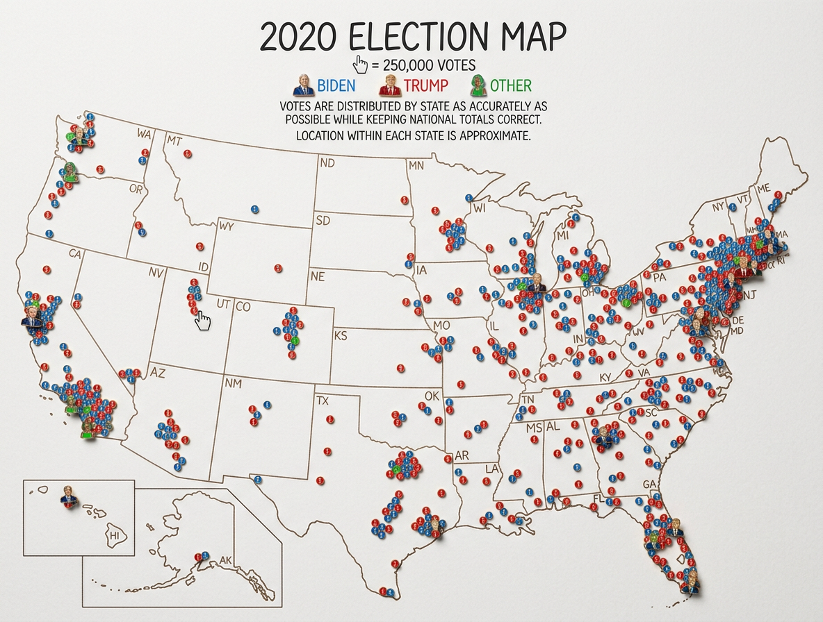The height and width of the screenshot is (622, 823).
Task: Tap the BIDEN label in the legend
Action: click(336, 86)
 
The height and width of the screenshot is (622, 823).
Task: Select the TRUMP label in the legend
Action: click(425, 86)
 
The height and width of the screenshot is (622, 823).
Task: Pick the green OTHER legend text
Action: click(510, 86)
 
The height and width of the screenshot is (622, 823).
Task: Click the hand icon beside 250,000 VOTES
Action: click(361, 65)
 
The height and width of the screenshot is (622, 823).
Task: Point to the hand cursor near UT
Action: click(203, 321)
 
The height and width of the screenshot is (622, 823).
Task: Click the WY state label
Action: click(227, 226)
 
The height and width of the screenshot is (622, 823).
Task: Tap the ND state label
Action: click(327, 164)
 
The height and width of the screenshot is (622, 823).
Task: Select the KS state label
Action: click(341, 336)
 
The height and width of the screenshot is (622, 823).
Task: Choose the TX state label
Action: click(322, 401)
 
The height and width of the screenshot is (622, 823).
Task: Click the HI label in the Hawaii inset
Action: click(115, 536)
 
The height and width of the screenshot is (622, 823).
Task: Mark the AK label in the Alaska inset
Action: click(225, 560)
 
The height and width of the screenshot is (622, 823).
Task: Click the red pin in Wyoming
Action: click(278, 268)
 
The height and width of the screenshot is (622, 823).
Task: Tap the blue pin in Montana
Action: click(254, 208)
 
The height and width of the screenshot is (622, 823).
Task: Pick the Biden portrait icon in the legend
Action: click(302, 86)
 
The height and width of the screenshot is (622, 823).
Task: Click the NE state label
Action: click(318, 276)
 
